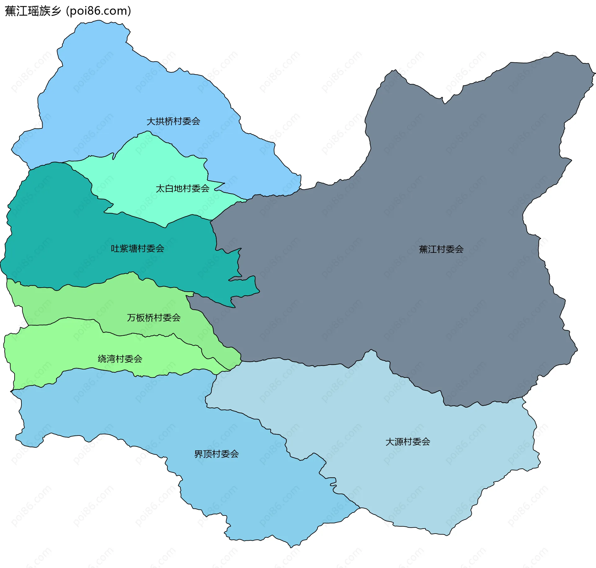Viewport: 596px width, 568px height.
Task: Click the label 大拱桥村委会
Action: click(173, 121)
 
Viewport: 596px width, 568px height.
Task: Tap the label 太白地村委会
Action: click(182, 189)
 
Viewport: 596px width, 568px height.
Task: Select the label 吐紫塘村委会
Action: click(138, 248)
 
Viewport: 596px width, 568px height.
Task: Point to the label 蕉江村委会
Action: click(441, 249)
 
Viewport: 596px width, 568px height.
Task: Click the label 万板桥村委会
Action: click(154, 318)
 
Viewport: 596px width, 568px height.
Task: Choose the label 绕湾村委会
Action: click(120, 359)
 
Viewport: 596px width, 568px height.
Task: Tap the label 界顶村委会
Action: click(216, 454)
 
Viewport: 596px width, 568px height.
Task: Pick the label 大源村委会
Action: click(408, 442)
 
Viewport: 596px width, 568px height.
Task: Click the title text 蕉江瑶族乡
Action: click(33, 11)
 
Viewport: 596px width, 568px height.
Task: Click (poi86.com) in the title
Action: click(99, 11)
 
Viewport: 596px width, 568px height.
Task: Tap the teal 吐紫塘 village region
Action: click(62, 233)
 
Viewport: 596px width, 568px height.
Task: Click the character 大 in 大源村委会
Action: click(390, 442)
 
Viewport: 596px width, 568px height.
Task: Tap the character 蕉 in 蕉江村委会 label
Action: click(423, 249)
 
